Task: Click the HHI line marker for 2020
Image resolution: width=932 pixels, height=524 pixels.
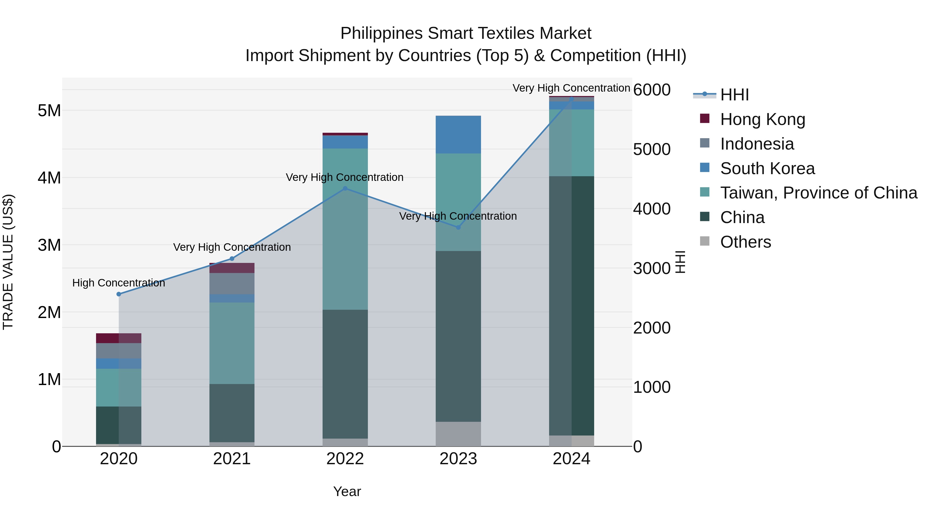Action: pos(119,294)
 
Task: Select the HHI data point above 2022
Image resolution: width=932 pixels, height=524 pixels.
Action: pos(345,188)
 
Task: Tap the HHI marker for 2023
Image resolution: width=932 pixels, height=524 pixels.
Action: pos(458,227)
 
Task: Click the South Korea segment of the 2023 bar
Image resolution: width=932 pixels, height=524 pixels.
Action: pos(458,135)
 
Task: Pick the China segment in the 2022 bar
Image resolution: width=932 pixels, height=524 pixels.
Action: pos(345,374)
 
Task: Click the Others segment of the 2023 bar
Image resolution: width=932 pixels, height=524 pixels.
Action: pos(458,434)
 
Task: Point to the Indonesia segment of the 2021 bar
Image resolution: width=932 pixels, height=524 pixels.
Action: pos(232,284)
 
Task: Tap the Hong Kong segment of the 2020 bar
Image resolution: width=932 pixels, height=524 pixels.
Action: pos(119,338)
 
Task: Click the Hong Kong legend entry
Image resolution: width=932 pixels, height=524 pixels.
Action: pos(762,119)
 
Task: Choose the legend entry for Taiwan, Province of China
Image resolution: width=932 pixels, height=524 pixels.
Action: pos(818,193)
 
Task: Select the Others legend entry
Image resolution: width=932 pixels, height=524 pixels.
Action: pos(745,242)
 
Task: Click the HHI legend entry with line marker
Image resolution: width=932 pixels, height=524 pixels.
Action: pos(734,95)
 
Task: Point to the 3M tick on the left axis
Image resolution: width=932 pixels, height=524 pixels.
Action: pos(49,245)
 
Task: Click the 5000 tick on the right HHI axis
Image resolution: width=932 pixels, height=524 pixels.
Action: pos(652,149)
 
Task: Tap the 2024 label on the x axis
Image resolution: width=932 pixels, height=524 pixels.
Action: pos(571,459)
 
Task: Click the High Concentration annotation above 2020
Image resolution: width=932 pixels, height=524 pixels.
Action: pos(119,283)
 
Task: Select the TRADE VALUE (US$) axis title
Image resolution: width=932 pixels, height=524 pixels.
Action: pos(8,262)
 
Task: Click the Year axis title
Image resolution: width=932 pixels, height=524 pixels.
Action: pos(347,491)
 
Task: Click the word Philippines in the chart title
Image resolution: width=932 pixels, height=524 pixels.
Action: pos(381,33)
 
